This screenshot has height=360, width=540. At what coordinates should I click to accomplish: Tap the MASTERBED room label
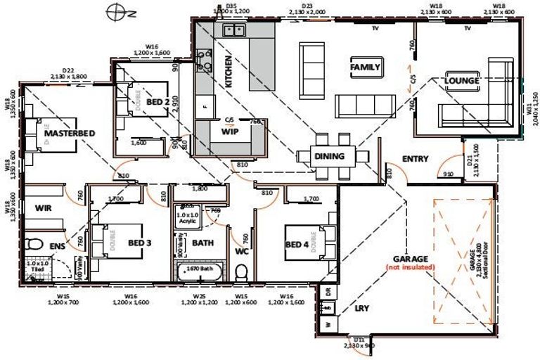[70, 133]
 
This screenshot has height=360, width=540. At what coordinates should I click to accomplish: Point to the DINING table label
[329, 156]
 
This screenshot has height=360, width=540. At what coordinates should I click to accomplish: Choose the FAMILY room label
[365, 67]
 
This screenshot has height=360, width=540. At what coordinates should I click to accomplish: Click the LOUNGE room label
[462, 81]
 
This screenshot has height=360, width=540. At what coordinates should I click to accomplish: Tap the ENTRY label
[415, 159]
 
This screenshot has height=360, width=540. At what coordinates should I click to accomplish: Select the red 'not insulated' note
[411, 267]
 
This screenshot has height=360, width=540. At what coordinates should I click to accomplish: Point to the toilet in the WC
[241, 271]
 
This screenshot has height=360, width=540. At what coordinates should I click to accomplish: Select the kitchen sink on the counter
[233, 30]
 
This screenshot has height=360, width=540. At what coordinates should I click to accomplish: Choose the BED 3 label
[139, 243]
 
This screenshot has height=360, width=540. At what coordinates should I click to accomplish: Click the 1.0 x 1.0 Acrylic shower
[188, 217]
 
